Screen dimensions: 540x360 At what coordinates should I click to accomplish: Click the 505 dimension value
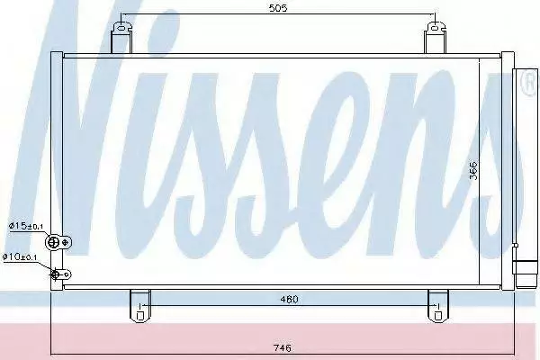click(x=278, y=8)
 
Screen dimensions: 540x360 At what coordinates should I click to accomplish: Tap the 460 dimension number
click(x=289, y=300)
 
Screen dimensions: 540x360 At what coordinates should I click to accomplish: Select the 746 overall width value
click(x=282, y=348)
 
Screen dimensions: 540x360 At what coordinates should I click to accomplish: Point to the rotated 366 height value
click(x=474, y=170)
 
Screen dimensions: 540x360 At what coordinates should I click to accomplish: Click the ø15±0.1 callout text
click(x=26, y=226)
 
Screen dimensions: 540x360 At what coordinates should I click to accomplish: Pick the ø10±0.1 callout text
click(x=20, y=256)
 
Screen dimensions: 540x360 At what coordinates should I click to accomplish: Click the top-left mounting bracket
click(x=121, y=38)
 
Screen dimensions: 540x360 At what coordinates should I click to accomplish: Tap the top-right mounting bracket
click(x=435, y=38)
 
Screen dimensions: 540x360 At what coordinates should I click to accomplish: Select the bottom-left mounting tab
click(x=139, y=306)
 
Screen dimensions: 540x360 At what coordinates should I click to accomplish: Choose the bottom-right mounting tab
click(x=438, y=306)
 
